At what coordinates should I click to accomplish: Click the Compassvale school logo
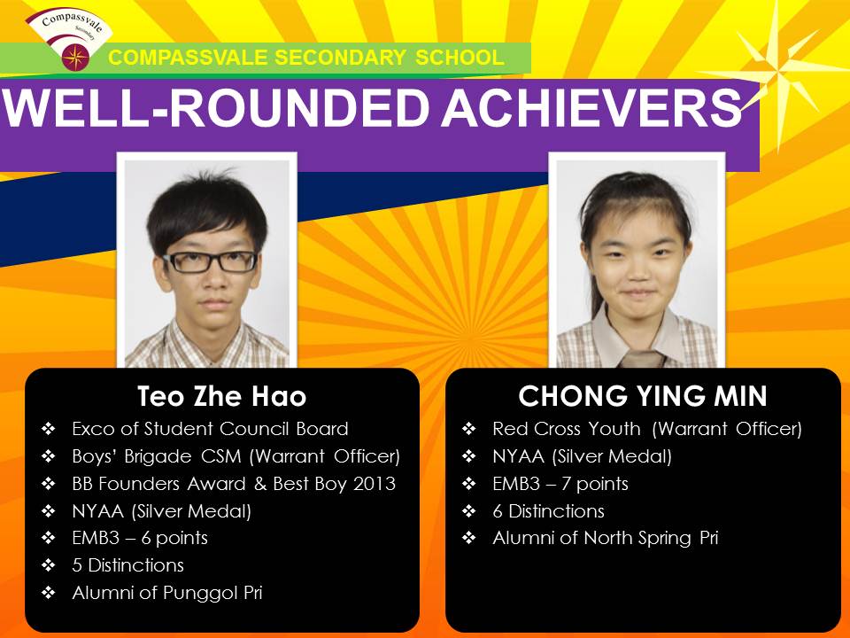[69, 39]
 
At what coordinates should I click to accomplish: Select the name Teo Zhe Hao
[221, 396]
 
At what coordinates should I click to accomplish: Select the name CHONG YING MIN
[643, 396]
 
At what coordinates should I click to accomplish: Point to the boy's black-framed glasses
[211, 262]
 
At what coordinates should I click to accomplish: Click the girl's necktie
[643, 358]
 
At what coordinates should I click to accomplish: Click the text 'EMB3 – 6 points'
[140, 538]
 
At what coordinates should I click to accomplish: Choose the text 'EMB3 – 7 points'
[560, 484]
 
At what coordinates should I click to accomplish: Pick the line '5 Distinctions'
[127, 565]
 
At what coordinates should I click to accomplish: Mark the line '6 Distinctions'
[548, 510]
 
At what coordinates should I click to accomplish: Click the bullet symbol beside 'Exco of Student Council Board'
[48, 429]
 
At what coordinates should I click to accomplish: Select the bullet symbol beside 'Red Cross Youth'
[469, 429]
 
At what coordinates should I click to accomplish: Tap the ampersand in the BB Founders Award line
[260, 484]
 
